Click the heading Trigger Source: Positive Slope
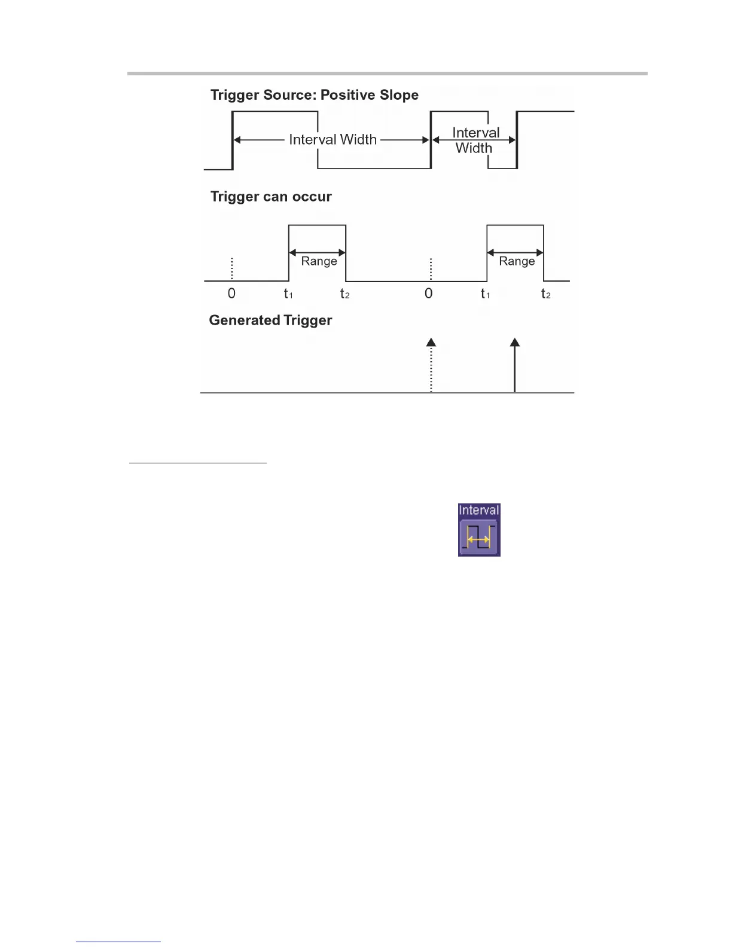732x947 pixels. click(x=314, y=95)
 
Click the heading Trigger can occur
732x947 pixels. click(x=270, y=197)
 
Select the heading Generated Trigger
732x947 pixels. click(x=270, y=320)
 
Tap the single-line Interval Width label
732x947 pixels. click(x=333, y=139)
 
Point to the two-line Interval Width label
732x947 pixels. click(x=475, y=140)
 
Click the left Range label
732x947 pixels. click(x=319, y=261)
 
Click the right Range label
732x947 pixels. click(x=517, y=261)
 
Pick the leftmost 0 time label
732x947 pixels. click(x=231, y=294)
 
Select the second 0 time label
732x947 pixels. click(x=428, y=294)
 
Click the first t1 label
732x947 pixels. click(x=288, y=294)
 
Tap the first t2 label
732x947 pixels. click(x=344, y=294)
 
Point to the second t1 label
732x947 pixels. click(x=485, y=294)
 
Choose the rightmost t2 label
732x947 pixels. click(x=545, y=294)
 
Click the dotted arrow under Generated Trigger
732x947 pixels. click(x=431, y=365)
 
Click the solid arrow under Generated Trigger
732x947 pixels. click(x=515, y=365)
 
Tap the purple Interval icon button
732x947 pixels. click(x=479, y=536)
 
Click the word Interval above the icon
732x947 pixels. click(x=478, y=510)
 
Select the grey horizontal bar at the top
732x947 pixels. click(x=387, y=74)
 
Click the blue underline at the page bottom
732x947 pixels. click(x=118, y=942)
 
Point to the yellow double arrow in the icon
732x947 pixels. click(x=479, y=540)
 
